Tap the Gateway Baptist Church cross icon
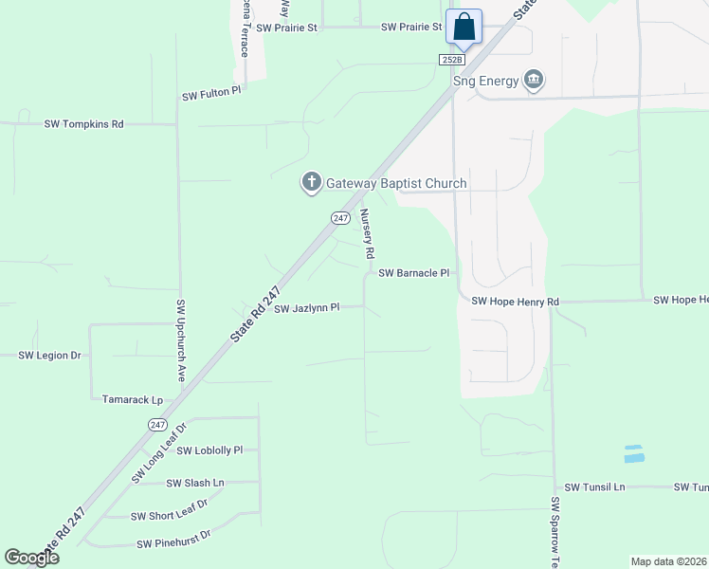(310, 183)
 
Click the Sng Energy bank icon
(534, 80)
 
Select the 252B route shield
(453, 59)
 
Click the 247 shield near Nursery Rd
(340, 218)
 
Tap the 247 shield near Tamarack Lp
(157, 425)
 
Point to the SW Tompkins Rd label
(83, 124)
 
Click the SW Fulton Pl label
(212, 97)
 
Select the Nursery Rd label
(367, 235)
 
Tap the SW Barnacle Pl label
(413, 273)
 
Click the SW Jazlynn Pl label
(306, 308)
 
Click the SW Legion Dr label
(50, 355)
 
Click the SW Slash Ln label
(195, 483)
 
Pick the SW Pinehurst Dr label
(173, 544)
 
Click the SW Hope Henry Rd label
(516, 302)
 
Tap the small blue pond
(634, 454)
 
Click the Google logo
(31, 558)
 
